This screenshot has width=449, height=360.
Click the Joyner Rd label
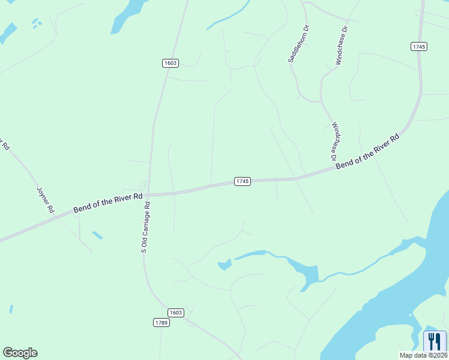[46, 200]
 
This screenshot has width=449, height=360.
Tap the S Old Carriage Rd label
[145, 227]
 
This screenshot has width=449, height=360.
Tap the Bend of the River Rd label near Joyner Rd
[108, 202]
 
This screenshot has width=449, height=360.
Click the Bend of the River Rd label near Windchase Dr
[367, 151]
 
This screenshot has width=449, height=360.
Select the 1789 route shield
[161, 323]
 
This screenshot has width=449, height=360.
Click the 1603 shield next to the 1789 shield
[175, 313]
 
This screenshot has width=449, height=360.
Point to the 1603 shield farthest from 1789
[170, 63]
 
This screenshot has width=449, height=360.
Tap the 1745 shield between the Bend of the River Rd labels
[242, 181]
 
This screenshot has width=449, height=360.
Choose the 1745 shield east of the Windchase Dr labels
[419, 46]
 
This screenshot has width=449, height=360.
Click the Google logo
[20, 353]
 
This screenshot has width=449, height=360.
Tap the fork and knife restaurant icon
[435, 341]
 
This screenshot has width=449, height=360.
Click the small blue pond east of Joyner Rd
[97, 235]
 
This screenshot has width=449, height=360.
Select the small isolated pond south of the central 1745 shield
[224, 265]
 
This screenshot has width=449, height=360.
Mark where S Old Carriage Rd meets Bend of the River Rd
[148, 195]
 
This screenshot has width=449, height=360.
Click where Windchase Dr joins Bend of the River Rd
[334, 169]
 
